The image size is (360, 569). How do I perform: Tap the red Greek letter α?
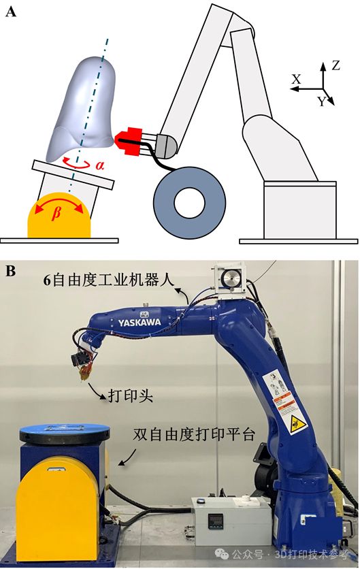click(x=99, y=165)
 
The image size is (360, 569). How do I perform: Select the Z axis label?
click(x=336, y=65)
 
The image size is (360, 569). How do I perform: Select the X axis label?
click(x=296, y=80)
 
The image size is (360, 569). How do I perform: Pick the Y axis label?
click(x=321, y=102)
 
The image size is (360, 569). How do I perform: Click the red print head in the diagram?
click(x=129, y=140)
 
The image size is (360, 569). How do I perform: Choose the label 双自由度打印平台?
click(x=193, y=434)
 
